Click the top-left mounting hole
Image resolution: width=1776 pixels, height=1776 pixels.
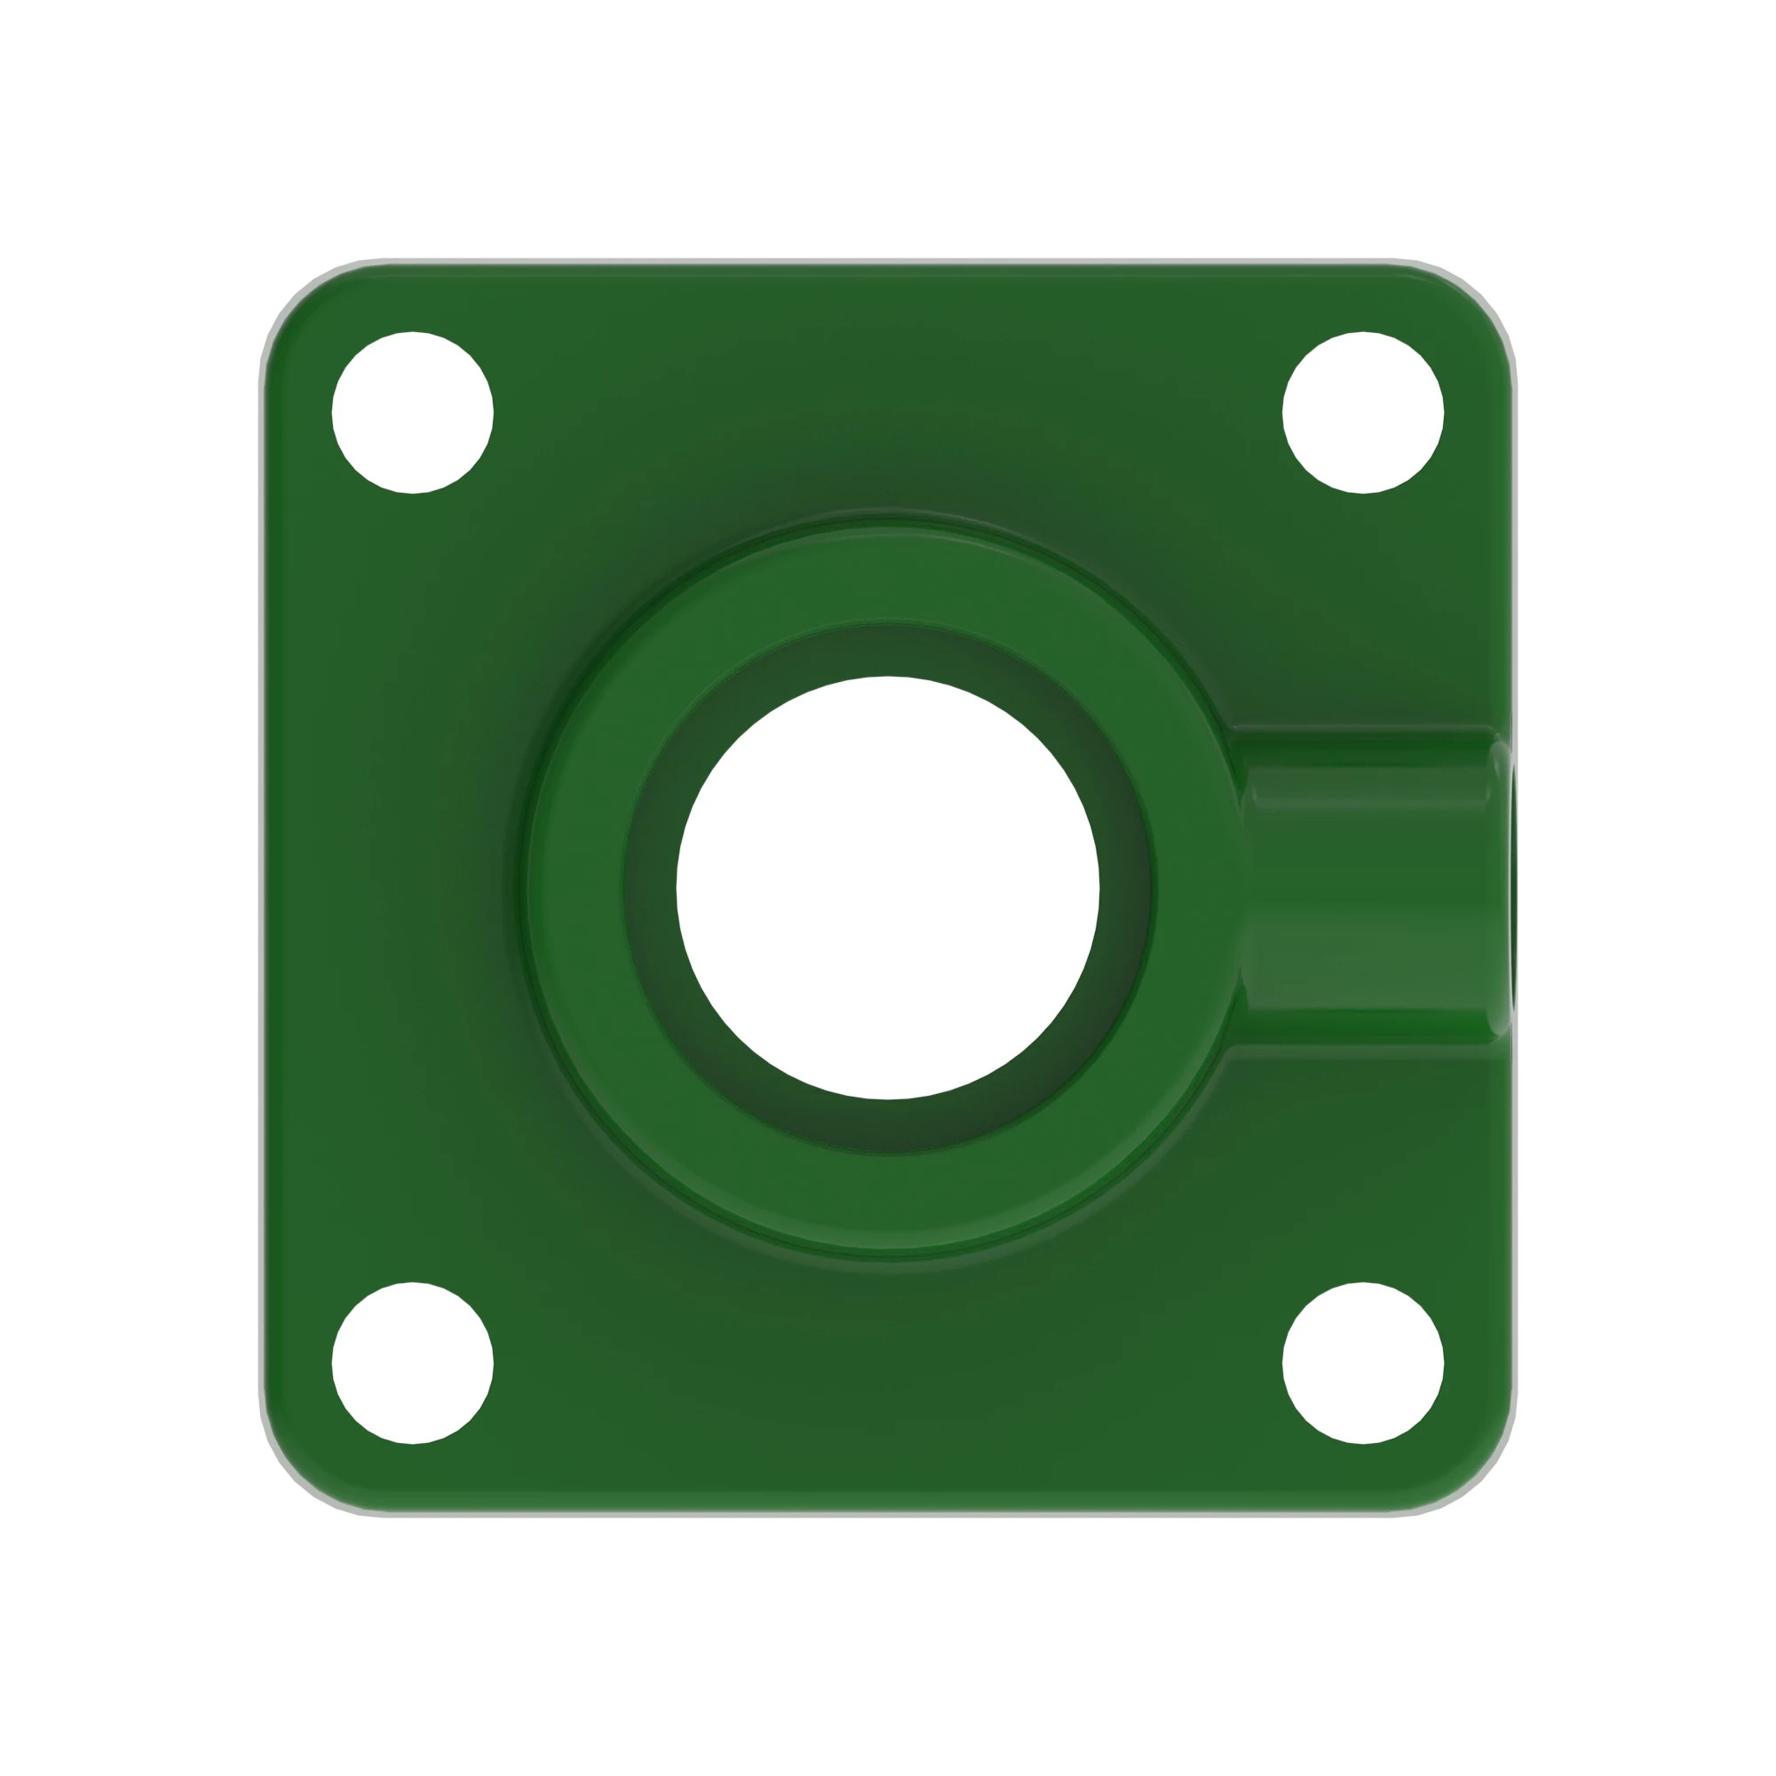point(412,412)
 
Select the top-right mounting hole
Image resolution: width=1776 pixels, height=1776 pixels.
point(1362,412)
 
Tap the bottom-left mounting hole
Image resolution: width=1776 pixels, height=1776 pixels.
point(412,1362)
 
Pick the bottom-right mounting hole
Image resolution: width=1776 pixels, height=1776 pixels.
point(1362,1362)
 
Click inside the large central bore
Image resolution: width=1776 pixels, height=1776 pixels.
point(887,887)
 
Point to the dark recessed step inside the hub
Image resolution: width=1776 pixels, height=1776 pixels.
point(887,651)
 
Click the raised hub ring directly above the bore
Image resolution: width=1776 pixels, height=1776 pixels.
point(887,577)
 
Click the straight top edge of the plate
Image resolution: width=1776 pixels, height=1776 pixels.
point(887,266)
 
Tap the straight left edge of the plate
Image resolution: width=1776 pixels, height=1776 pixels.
point(266,887)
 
